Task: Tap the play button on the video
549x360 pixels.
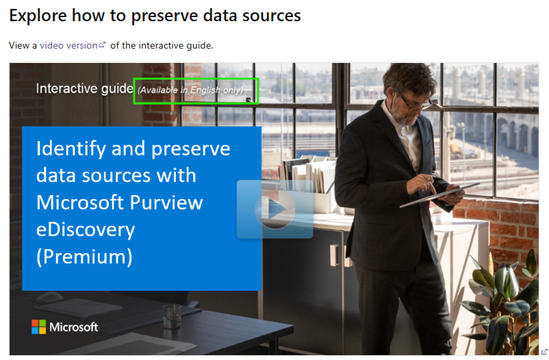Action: pyautogui.click(x=275, y=209)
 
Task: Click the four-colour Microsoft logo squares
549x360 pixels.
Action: pyautogui.click(x=38, y=326)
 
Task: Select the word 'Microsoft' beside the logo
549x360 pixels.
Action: pyautogui.click(x=73, y=327)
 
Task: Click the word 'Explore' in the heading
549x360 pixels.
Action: pyautogui.click(x=38, y=16)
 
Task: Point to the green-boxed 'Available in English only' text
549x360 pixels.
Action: pyautogui.click(x=190, y=90)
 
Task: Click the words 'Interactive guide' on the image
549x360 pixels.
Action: pyautogui.click(x=85, y=88)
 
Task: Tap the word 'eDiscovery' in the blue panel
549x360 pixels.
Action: pyautogui.click(x=86, y=230)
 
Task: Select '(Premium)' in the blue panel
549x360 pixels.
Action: pyautogui.click(x=84, y=257)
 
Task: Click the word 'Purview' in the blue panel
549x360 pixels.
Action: pyautogui.click(x=166, y=203)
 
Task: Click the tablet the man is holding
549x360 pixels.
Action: pyautogui.click(x=439, y=194)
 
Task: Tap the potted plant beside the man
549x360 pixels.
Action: pyautogui.click(x=505, y=301)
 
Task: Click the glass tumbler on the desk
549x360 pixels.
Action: pyautogui.click(x=172, y=316)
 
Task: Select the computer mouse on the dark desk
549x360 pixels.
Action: pyautogui.click(x=50, y=297)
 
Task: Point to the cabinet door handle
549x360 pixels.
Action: pyautogui.click(x=334, y=255)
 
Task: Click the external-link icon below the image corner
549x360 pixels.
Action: pyautogui.click(x=544, y=352)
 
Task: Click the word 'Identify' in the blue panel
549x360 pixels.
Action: pyautogui.click(x=71, y=149)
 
